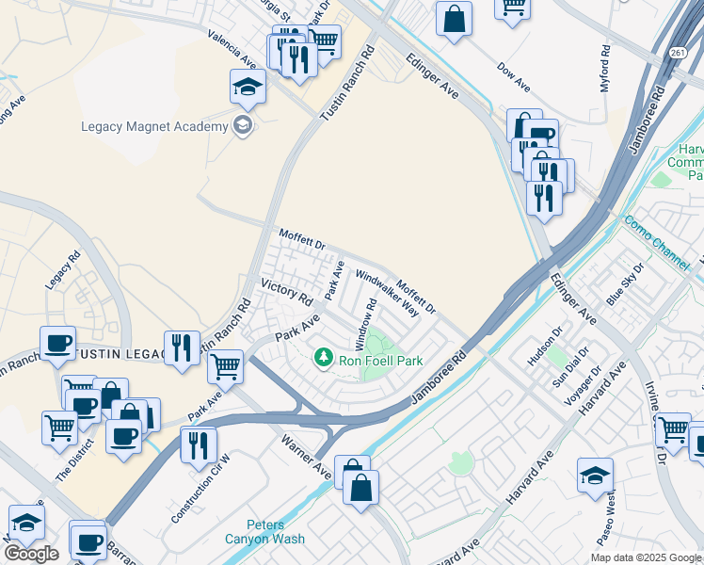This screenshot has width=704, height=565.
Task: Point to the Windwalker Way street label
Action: [x=386, y=293]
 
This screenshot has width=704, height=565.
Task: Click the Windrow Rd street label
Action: [x=365, y=320]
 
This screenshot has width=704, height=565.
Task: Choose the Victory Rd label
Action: [x=286, y=292]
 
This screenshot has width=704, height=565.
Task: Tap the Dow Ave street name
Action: [x=514, y=78]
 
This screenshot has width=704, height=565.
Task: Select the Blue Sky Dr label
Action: [x=627, y=282]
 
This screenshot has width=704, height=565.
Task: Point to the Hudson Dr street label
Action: [x=545, y=347]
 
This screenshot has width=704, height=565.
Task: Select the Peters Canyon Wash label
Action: [x=277, y=532]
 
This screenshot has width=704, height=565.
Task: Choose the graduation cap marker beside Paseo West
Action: [x=595, y=476]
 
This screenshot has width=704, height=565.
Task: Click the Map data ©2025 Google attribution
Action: [x=645, y=557]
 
